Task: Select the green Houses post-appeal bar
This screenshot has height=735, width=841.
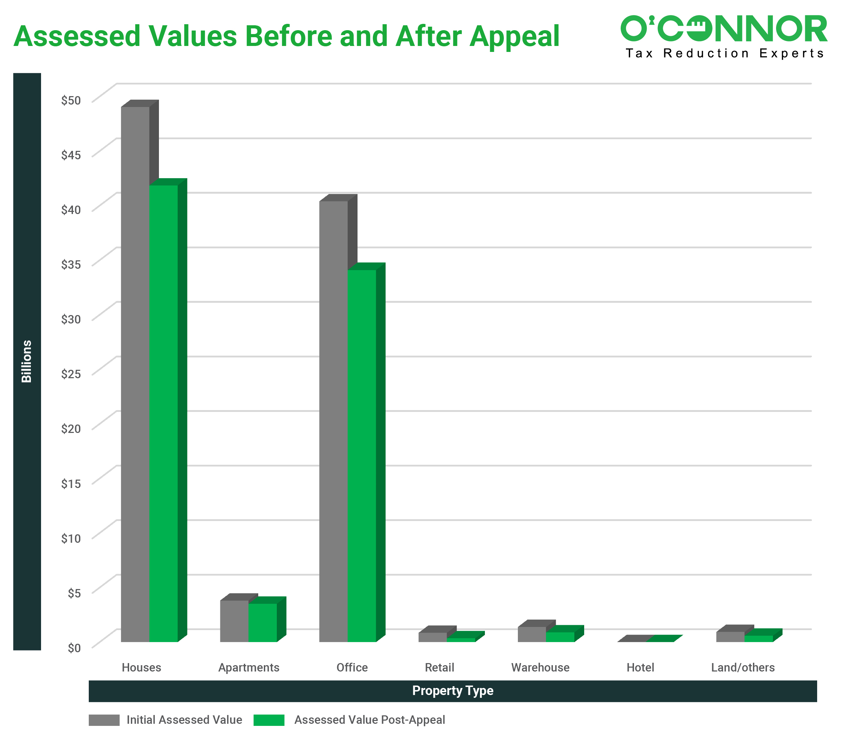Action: coord(163,413)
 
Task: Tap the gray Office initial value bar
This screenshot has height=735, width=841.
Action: coord(333,421)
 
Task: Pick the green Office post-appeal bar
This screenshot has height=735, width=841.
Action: coord(362,455)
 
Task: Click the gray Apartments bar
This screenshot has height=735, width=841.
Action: coord(234,621)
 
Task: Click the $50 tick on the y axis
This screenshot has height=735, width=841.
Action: coord(71,100)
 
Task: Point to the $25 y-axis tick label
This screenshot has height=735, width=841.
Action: coord(71,374)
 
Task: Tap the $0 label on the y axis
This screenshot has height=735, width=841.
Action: coord(74,648)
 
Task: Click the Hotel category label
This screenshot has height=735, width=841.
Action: coord(640,667)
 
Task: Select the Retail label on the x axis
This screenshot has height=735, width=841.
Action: coord(439,667)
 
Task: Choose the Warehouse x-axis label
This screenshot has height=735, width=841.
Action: coord(540,667)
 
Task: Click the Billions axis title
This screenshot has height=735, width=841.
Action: coord(27,361)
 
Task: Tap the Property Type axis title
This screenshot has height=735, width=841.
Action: coord(453,691)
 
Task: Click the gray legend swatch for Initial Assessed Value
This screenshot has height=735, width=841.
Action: coord(104,720)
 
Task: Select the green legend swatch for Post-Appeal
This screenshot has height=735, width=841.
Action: coord(269,720)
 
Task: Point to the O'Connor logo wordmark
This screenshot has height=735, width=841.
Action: coord(724,29)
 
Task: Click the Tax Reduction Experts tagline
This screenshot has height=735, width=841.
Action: coord(725,53)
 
